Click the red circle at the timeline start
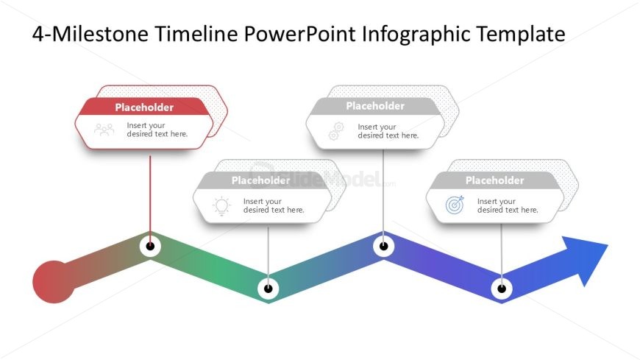coord(54,282)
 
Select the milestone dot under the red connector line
coord(150,247)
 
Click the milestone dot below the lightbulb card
coord(269,289)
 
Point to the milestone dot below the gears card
coord(384,246)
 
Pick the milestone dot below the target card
coord(502,289)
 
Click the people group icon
coord(104,130)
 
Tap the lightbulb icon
coord(221,206)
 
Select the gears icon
coord(336,131)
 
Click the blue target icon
coord(455,205)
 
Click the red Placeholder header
coord(144,107)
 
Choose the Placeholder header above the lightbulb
coord(261,180)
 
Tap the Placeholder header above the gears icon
coord(375,106)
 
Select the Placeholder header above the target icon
coord(494,180)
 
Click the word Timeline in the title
coord(196,34)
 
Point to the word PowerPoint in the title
coord(300,34)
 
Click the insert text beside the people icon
coord(157,130)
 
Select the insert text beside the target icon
coord(508,205)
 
